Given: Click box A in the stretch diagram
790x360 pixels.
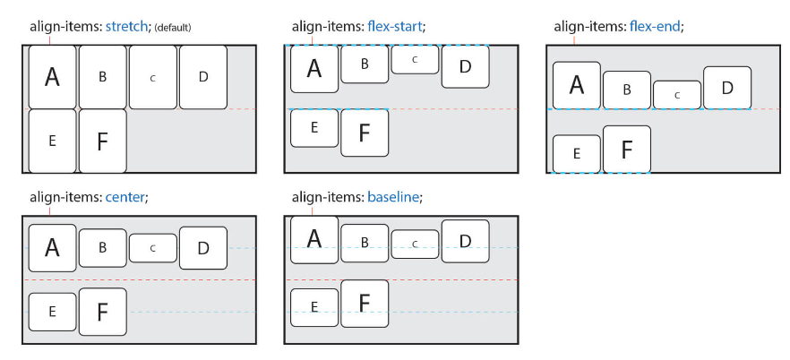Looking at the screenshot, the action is click(x=52, y=77).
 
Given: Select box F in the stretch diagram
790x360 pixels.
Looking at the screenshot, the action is click(x=102, y=141).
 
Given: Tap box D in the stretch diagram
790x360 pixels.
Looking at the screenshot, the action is click(x=202, y=77).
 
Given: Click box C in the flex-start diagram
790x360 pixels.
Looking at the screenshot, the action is click(x=414, y=59).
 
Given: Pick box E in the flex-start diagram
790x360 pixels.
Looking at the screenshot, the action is click(x=314, y=127).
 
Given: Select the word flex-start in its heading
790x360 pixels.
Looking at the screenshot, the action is click(x=393, y=27).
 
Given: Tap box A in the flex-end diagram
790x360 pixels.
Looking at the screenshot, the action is click(x=576, y=85).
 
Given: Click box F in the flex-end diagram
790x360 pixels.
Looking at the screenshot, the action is click(x=626, y=149).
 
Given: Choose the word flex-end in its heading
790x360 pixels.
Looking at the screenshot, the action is click(x=653, y=27).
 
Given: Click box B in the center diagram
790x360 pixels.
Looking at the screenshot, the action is click(x=102, y=248).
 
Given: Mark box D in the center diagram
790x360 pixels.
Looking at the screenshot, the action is click(x=202, y=248).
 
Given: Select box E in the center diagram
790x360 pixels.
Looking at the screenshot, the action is click(x=52, y=311).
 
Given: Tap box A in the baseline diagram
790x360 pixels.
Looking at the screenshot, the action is click(x=314, y=239).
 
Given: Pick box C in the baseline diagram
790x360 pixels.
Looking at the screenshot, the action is click(x=414, y=244).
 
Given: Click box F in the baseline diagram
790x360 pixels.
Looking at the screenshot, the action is click(x=365, y=304).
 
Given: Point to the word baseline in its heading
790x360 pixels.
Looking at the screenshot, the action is click(x=393, y=197).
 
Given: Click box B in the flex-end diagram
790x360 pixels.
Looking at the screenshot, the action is click(x=626, y=90).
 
